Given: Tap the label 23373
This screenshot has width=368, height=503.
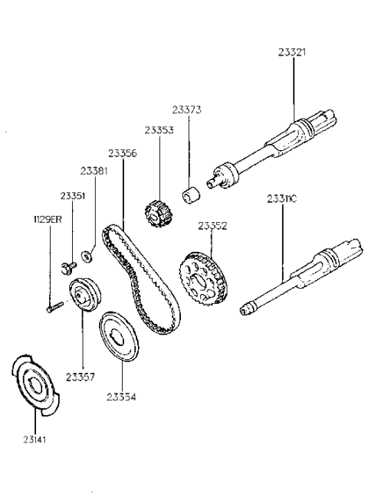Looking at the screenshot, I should pos(186,110).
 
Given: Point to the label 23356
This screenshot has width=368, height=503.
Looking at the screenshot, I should pos(123,153).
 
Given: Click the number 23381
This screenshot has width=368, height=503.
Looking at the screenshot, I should pos(95,171).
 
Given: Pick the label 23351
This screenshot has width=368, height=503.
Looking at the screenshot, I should pos(74,196).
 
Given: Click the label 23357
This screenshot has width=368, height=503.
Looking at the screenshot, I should pos(80,377).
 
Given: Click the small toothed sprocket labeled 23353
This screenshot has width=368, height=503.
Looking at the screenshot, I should pos(157,212).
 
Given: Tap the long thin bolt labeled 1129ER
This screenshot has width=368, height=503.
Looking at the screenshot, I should pos(54,309).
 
